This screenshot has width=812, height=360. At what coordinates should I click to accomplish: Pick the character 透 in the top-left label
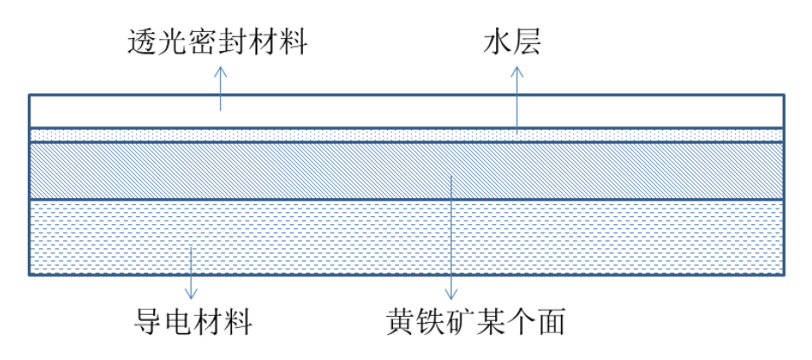(x=139, y=42)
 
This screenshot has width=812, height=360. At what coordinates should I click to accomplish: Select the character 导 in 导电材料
(x=140, y=324)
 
